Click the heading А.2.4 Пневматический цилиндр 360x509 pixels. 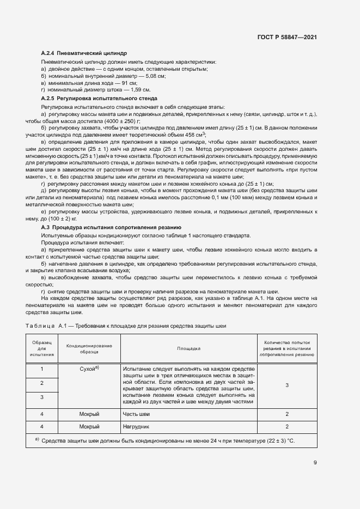click(84, 54)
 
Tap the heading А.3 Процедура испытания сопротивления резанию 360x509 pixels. click(112, 226)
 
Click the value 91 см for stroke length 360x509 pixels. click(129, 83)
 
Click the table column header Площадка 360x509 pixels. click(188, 348)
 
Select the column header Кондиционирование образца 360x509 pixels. click(89, 348)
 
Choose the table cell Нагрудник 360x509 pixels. click(137, 427)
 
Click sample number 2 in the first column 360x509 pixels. click(42, 383)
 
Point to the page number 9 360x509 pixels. click(315, 463)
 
